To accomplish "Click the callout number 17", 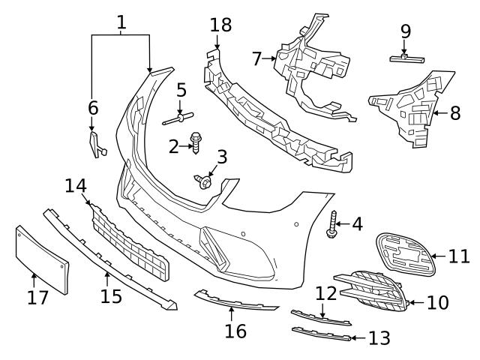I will (x=37, y=298).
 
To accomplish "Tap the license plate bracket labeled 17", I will (x=42, y=259).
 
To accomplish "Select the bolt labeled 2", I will (x=197, y=142).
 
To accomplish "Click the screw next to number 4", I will (x=332, y=224).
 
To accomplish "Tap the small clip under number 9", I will (x=405, y=57).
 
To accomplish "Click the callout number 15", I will (x=111, y=296).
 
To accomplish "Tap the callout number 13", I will (x=379, y=338).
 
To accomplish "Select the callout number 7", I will (x=256, y=58).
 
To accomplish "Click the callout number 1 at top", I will (x=121, y=22).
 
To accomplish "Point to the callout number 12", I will (x=325, y=292).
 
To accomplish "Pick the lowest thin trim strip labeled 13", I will (x=321, y=334).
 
